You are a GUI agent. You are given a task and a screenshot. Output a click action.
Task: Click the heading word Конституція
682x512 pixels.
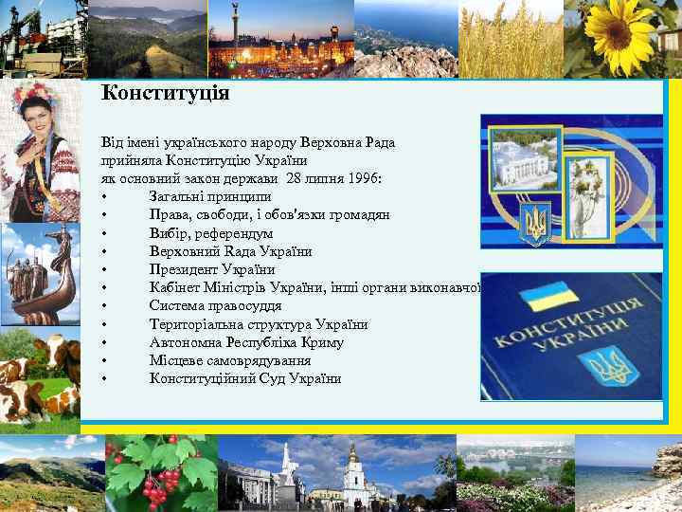165,94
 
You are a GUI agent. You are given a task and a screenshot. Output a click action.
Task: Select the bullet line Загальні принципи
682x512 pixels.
204,197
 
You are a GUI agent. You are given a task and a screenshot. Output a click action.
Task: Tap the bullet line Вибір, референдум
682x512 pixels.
210,233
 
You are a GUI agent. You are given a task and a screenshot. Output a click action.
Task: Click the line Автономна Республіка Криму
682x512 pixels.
245,342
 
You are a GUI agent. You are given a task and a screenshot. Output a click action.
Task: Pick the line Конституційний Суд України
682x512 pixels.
244,379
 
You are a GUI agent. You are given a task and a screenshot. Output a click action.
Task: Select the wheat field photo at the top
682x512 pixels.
511,38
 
